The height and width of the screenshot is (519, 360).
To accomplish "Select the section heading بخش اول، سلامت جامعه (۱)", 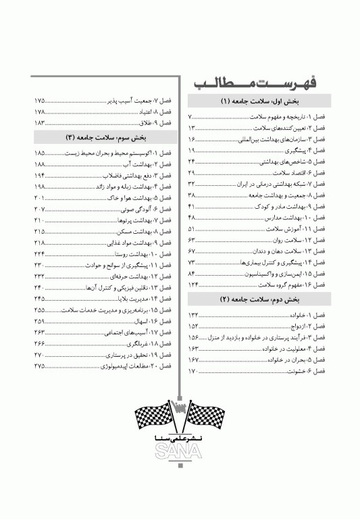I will pos(260,103).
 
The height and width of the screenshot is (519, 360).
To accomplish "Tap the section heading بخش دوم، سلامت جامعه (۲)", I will pos(260,299).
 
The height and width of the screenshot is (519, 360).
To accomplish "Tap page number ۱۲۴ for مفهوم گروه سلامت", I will pos(194,285).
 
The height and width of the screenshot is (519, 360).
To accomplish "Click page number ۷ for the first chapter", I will pos(190,117).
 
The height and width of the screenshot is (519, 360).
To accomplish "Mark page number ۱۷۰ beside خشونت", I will pos(193,371).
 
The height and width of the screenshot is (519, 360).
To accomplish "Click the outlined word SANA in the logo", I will pos(180,452).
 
